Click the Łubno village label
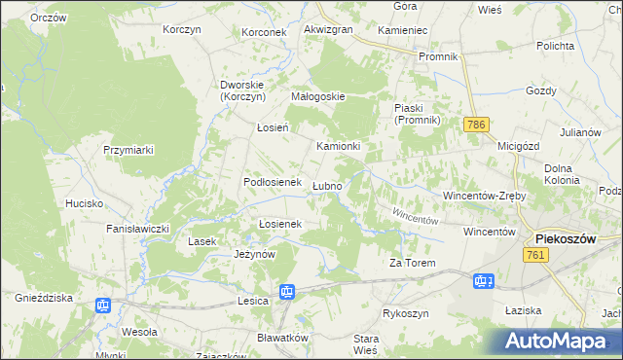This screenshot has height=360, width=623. point(327,186)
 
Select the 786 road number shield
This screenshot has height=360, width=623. point(476,126)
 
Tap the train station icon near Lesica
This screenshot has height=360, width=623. point(287,291)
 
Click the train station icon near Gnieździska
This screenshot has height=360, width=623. point(104,306)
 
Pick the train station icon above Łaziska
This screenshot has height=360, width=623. point(483,282)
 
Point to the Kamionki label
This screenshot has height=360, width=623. point(339,147)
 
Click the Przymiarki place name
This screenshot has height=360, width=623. point(129,150)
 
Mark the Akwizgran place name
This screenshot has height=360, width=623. point(328,30)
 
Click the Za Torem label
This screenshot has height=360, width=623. point(412,264)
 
